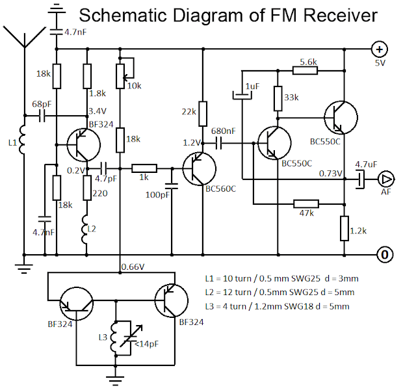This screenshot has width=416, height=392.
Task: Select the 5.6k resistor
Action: [308, 70]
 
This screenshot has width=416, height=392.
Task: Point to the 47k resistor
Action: [307, 202]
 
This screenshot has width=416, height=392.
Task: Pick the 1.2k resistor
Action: [344, 228]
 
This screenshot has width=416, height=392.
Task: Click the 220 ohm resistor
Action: [87, 189]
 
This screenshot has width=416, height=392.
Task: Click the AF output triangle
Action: [386, 179]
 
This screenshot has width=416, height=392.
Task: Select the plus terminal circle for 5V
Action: [380, 48]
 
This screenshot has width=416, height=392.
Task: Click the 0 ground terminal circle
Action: [385, 254]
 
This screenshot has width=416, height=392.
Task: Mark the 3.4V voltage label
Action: [97, 111]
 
